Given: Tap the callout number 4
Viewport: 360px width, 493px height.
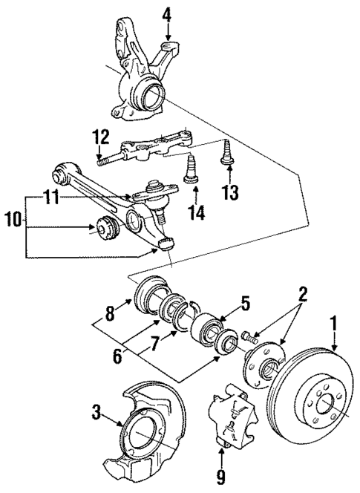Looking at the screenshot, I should [x=167, y=13].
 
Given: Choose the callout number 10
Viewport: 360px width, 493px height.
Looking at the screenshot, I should [x=13, y=221].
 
